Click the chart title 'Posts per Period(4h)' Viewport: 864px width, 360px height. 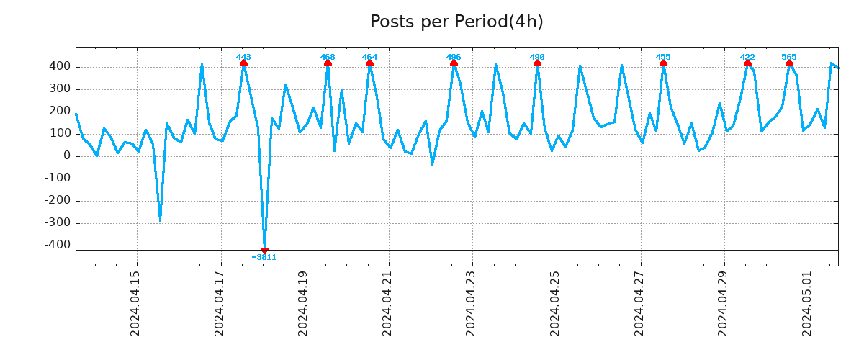click(x=456, y=22)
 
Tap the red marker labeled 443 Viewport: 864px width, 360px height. click(x=243, y=63)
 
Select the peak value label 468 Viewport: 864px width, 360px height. click(x=328, y=57)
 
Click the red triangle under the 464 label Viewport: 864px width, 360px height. click(x=369, y=63)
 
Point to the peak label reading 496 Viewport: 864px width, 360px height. click(x=454, y=57)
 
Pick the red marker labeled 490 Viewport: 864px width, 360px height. click(x=537, y=63)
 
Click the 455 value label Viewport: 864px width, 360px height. click(x=663, y=57)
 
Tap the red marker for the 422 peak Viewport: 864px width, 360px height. click(x=747, y=63)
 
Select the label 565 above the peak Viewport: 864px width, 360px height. click(x=789, y=57)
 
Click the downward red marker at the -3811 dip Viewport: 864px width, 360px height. click(x=264, y=251)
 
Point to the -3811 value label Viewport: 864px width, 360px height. click(x=264, y=258)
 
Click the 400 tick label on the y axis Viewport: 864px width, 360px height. click(x=60, y=66)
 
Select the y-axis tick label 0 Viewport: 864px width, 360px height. click(x=66, y=156)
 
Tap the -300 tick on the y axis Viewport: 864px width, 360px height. click(x=57, y=222)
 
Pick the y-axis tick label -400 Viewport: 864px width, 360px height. click(x=57, y=245)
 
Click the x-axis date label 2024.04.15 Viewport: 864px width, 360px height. click(x=135, y=303)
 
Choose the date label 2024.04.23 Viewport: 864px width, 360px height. click(x=471, y=303)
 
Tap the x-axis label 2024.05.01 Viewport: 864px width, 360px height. click(x=807, y=303)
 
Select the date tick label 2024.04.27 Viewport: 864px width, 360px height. click(x=639, y=303)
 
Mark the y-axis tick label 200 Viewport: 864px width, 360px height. click(x=60, y=111)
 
